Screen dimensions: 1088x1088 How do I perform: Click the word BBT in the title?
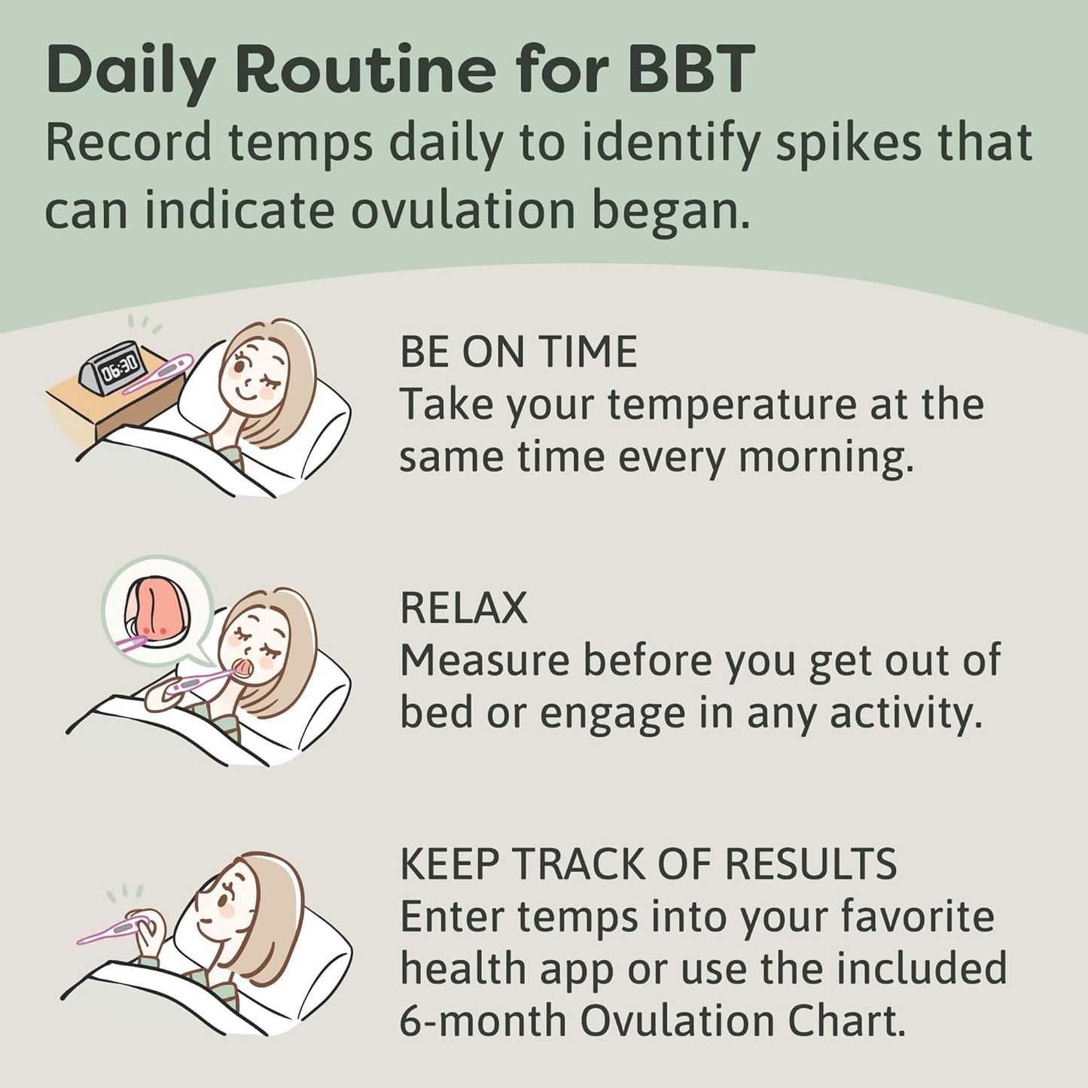690,69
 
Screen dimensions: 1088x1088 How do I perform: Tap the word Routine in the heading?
364,69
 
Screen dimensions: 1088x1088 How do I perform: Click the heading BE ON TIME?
518,352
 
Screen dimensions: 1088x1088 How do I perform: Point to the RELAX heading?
463,608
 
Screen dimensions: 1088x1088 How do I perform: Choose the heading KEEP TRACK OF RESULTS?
648,864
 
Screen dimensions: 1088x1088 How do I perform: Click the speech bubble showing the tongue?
157,611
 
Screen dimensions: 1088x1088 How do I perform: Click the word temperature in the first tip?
731,404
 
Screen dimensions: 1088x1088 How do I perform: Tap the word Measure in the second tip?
484,660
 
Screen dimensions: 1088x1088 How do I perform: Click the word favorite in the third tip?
917,916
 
